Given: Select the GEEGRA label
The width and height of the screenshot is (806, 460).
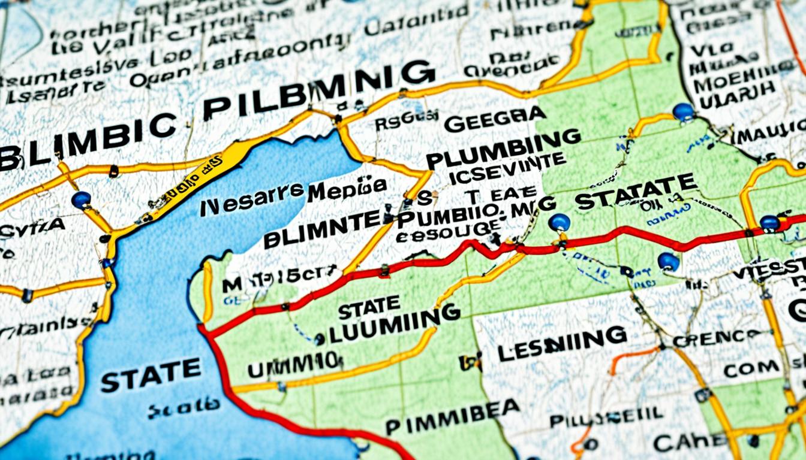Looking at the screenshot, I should (x=495, y=120).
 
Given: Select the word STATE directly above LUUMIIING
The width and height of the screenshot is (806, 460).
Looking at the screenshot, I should (x=368, y=308).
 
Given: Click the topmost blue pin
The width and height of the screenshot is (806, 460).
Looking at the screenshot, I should (x=683, y=111).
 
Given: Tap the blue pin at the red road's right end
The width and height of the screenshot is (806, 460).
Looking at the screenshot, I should (x=769, y=223).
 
